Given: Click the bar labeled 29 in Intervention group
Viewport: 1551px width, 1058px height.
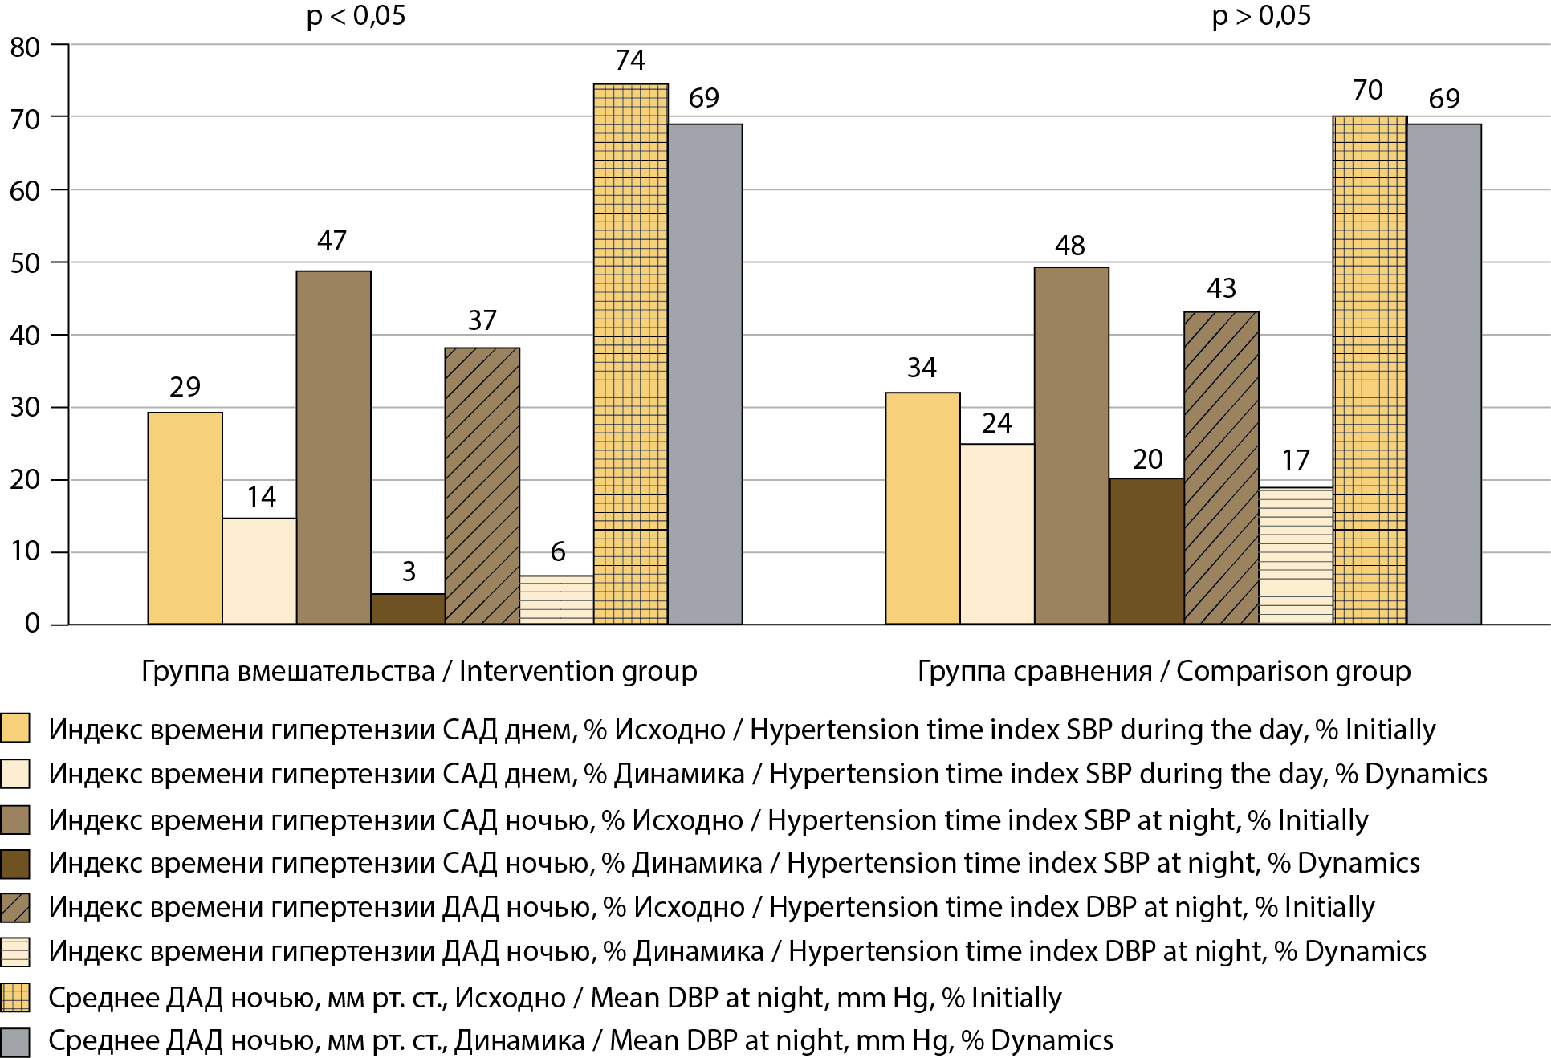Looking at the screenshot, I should tap(185, 518).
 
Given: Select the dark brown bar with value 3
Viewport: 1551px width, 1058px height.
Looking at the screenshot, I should tap(408, 608).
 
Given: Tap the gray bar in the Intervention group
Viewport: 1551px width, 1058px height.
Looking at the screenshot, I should tap(705, 374).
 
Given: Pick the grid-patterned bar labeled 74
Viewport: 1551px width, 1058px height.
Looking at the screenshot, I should tap(630, 353).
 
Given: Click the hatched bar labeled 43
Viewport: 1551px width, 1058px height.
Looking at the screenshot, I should tap(1221, 467).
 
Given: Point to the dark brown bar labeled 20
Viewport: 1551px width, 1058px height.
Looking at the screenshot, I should tap(1146, 551).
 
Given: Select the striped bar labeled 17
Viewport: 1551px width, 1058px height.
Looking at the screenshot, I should tap(1296, 555).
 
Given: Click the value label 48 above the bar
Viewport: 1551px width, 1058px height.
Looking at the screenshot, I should tap(1069, 246).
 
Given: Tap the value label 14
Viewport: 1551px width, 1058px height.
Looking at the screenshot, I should tap(261, 497).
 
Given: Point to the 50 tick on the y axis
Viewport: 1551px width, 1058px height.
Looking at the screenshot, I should tap(25, 263).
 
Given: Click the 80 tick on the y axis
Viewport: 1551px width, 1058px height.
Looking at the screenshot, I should tap(25, 47).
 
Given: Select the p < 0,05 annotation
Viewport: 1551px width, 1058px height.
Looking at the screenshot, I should tap(356, 16).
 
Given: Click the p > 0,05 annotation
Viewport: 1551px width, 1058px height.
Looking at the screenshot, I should tap(1260, 16).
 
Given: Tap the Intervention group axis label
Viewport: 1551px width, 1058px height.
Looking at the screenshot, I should tap(419, 671).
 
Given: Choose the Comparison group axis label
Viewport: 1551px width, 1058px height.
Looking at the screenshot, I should tap(1163, 671).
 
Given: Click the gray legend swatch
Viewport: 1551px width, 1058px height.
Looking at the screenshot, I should tap(15, 1041).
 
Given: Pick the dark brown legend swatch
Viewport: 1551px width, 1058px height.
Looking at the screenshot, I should tap(15, 864).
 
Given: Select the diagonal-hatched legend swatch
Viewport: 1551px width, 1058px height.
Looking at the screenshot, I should tap(15, 908).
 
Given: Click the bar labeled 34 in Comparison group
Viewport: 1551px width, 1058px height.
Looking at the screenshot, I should tap(922, 508).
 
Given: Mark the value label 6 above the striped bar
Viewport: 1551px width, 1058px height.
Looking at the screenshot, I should tap(557, 551).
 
